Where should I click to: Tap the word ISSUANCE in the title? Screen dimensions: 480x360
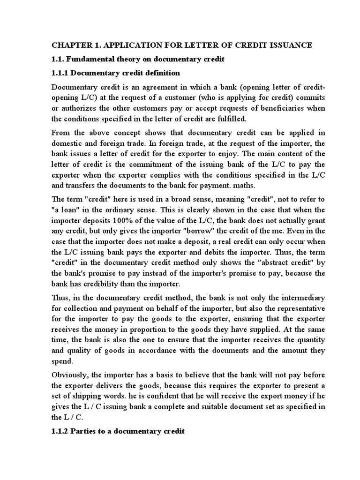coord(289,45)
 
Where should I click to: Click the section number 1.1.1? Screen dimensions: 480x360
coord(60,73)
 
